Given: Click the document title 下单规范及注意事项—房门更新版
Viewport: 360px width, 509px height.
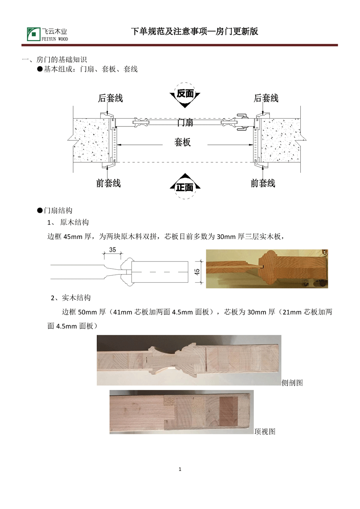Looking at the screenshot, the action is coord(194,31).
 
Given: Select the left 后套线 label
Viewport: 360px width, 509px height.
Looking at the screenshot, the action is coord(110,98).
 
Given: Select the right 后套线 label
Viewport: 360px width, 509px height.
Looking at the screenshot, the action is coord(266,98).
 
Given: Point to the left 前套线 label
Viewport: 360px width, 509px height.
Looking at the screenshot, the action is coord(108,183).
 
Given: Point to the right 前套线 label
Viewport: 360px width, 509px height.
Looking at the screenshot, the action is coord(263,183).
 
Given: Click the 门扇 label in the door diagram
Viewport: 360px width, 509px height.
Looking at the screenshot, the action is coord(185,123).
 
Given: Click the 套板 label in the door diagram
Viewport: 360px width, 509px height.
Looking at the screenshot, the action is coord(182,142).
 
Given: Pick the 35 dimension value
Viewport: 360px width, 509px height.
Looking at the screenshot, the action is coord(112,250).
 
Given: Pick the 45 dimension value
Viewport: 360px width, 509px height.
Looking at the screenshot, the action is coord(197,272).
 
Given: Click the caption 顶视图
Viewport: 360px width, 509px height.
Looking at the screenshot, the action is coord(265,431).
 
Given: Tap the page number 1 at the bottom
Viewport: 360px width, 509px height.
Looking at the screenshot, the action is coord(180,469).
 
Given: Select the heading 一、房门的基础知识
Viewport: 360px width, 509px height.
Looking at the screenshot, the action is coord(54,60).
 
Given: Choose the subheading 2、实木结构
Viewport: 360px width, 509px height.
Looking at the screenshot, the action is coord(71,298).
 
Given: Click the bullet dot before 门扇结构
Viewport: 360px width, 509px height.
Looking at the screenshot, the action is coord(40,211).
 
